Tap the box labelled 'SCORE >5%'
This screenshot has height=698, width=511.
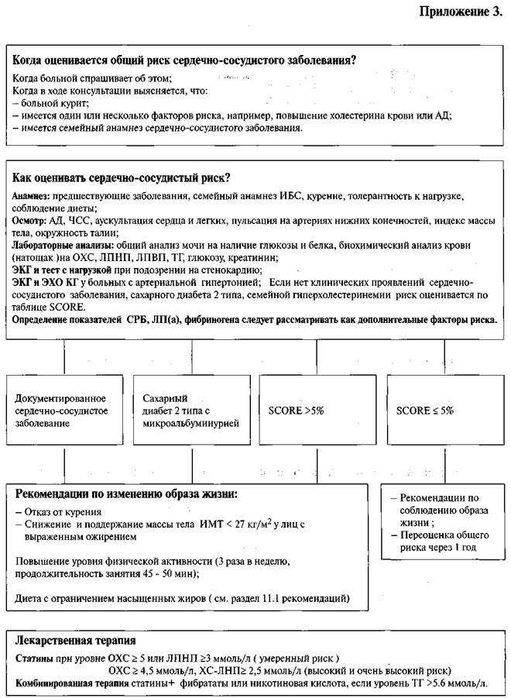click(x=317, y=411)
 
